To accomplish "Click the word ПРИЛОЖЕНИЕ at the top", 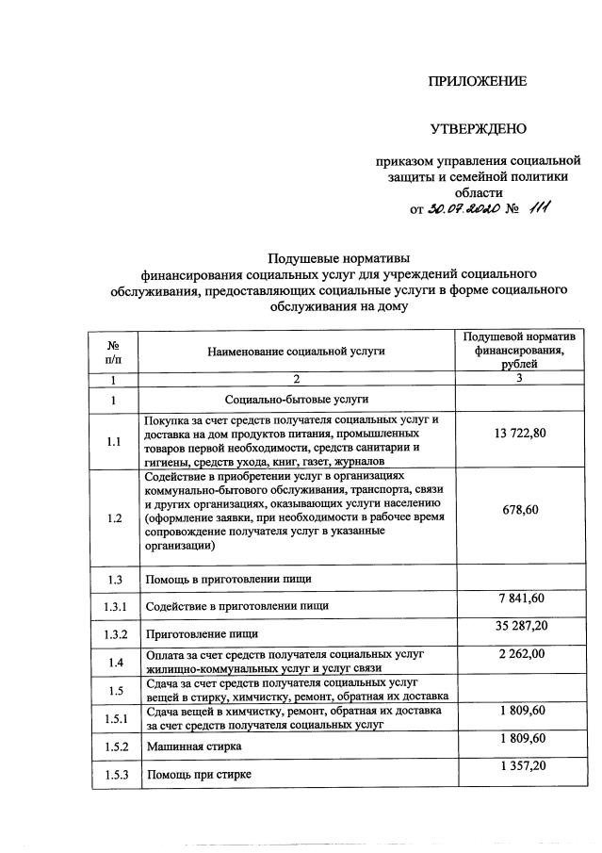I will tap(478, 81).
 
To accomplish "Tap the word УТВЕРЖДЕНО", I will tap(478, 128).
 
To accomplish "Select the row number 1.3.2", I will tap(113, 634).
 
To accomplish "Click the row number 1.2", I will tap(113, 518).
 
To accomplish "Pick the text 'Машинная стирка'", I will tap(193, 746).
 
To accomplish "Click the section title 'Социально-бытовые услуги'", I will tap(297, 401).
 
